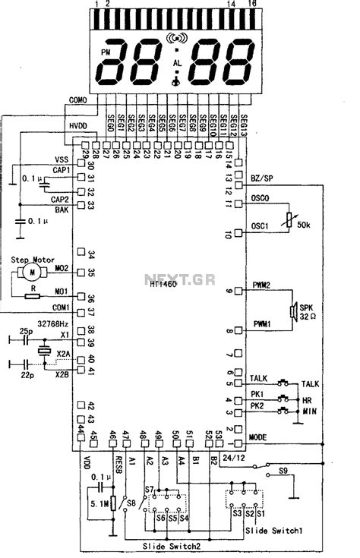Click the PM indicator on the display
click(104, 52)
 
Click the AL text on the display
click(178, 62)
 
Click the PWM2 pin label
click(263, 286)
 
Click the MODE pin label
click(260, 438)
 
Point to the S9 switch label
click(283, 471)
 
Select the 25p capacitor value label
click(26, 332)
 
